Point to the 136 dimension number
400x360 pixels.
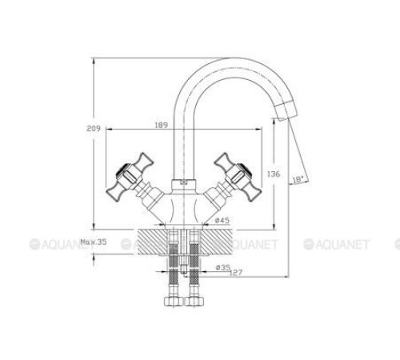point(271,174)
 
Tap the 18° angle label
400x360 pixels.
point(298,179)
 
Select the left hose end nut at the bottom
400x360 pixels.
point(171,303)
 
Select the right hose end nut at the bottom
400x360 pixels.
point(194,303)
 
